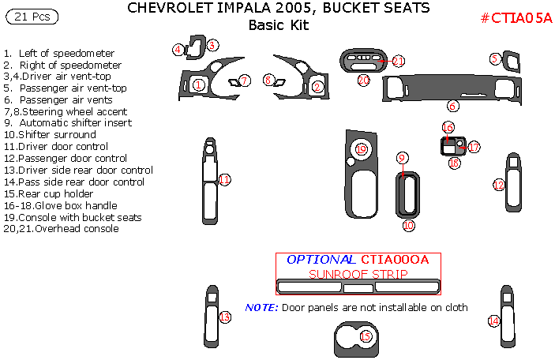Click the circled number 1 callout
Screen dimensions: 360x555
199,84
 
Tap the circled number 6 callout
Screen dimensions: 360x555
453,106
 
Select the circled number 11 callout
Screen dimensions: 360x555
224,180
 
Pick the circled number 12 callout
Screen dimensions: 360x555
498,185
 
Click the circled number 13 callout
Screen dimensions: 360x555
224,317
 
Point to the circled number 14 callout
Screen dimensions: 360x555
493,321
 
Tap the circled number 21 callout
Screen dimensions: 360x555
398,61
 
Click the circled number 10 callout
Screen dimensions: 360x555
408,225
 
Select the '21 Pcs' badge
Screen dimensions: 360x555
32,15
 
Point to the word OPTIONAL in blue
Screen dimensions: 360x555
321,260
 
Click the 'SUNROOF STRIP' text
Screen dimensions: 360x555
358,274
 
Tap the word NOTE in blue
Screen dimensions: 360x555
261,307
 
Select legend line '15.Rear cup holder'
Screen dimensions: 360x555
52,193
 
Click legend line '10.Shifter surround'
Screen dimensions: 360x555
49,135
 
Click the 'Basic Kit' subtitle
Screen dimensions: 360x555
279,24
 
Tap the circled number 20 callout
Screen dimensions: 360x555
363,80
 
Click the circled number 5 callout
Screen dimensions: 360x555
495,58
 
